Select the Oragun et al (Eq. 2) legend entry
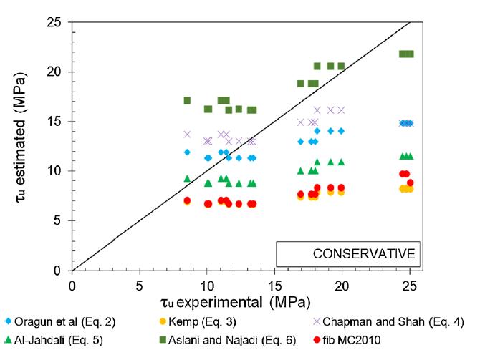tap(57, 321)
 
